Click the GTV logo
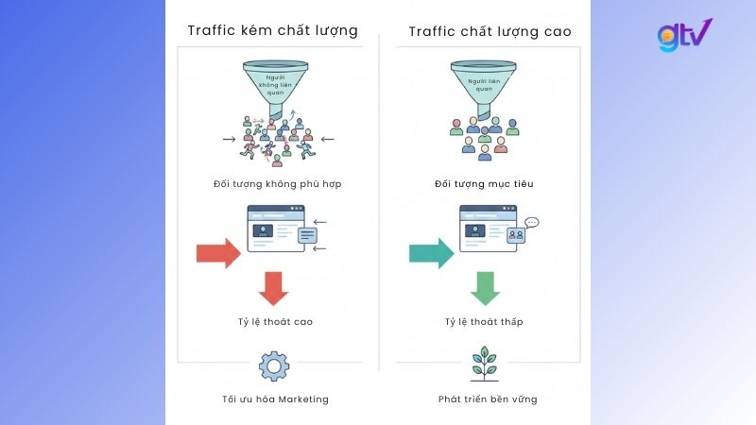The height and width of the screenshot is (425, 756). tap(684, 36)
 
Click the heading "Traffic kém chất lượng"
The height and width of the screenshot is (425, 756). tap(272, 30)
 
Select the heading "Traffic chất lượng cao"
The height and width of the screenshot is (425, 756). tap(490, 31)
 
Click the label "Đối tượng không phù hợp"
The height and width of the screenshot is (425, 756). tap(272, 184)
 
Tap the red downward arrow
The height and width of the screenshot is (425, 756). tap(273, 288)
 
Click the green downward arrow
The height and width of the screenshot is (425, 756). tap(485, 288)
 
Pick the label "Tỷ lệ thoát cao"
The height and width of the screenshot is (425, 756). tap(273, 322)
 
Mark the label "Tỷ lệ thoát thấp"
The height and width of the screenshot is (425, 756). tap(484, 322)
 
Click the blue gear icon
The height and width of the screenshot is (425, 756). tap(273, 365)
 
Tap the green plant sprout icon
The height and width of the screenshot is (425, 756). tap(485, 363)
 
